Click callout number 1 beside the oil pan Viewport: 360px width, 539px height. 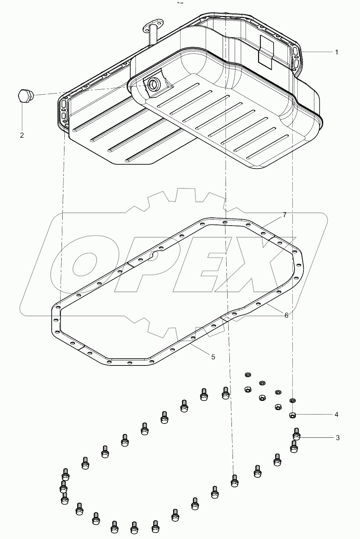click(336, 52)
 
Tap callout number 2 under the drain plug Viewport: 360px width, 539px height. click(22, 135)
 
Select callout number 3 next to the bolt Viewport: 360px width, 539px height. click(338, 438)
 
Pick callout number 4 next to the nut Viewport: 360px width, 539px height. click(336, 414)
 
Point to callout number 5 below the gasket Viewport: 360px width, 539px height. click(213, 357)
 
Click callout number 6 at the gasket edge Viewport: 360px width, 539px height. click(286, 315)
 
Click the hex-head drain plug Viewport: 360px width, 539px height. click(24, 96)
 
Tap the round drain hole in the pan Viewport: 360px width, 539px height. click(154, 84)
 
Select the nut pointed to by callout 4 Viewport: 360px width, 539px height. click(292, 415)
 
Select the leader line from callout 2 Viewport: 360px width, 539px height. click(22, 117)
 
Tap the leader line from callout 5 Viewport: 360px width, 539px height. click(200, 348)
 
